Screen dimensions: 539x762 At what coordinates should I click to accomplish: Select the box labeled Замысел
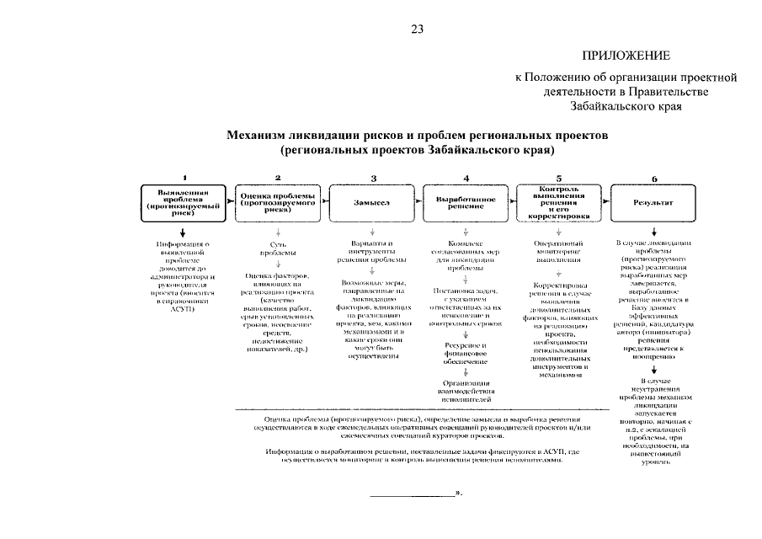click(x=371, y=202)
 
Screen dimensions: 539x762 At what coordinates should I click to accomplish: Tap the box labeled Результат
click(x=654, y=202)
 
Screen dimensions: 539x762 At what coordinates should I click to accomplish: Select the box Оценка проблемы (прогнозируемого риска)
click(x=278, y=202)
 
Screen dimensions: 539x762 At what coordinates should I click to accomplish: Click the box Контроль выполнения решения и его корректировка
click(x=560, y=202)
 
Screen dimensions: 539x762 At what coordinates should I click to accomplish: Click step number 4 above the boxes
click(x=466, y=177)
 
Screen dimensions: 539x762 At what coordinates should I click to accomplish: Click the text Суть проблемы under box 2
click(x=278, y=248)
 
